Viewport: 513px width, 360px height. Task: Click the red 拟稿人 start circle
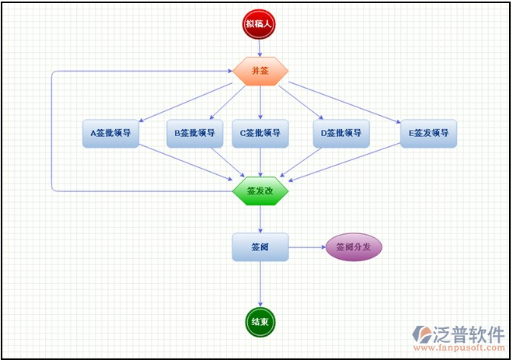(260, 24)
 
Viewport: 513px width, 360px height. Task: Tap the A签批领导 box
(110, 133)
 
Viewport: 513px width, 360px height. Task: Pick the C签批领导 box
(260, 133)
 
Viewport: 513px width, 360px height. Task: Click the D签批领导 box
(341, 133)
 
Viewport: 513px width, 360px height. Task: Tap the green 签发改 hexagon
(260, 190)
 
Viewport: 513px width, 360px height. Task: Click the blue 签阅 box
(260, 247)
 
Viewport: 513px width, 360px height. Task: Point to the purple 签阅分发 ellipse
(354, 247)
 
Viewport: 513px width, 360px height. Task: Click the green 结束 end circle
(260, 321)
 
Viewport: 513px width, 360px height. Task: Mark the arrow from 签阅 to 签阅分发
(307, 247)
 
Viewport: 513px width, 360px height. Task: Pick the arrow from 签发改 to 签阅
(260, 218)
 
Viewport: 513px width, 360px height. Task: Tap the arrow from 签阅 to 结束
(260, 284)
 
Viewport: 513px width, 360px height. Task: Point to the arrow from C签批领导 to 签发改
(260, 162)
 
